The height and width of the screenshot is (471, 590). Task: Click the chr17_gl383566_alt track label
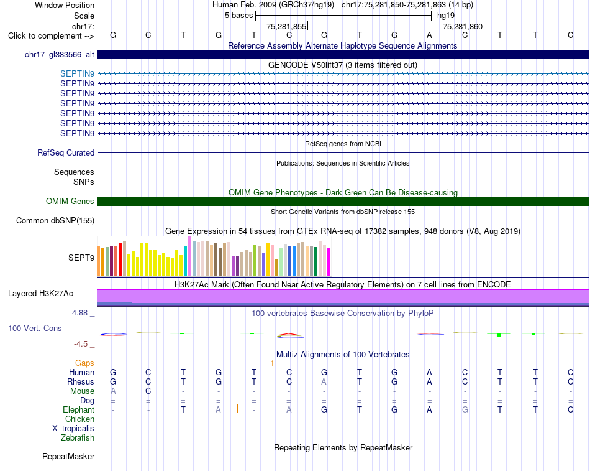[x=60, y=55]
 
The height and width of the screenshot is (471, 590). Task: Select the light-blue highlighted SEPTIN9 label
[x=77, y=73]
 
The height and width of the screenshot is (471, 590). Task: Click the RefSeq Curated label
[x=66, y=152]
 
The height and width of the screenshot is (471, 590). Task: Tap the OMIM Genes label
[x=70, y=202]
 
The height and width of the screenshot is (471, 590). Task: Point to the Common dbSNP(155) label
[x=55, y=221]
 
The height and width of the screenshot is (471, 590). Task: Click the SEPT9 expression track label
[x=81, y=258]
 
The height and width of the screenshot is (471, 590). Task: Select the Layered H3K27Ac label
[x=40, y=294]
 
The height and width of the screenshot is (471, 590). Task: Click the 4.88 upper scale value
[x=79, y=313]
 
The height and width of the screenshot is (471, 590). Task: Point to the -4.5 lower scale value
[x=81, y=344]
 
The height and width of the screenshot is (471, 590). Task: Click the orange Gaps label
[x=84, y=363]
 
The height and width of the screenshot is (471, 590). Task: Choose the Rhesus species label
[x=81, y=381]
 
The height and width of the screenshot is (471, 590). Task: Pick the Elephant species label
[x=78, y=410]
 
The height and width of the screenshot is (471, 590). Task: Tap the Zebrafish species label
[x=78, y=438]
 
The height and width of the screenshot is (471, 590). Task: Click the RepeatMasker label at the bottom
[x=68, y=456]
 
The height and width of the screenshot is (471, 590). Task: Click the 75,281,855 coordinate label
[x=286, y=26]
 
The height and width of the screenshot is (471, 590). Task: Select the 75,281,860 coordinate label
[x=463, y=26]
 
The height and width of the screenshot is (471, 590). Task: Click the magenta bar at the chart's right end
[x=329, y=262]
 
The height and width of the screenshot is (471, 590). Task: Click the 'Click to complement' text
[x=45, y=36]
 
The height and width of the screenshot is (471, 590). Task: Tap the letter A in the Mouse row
[x=113, y=391]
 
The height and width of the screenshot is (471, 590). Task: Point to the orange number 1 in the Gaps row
[x=272, y=363]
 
